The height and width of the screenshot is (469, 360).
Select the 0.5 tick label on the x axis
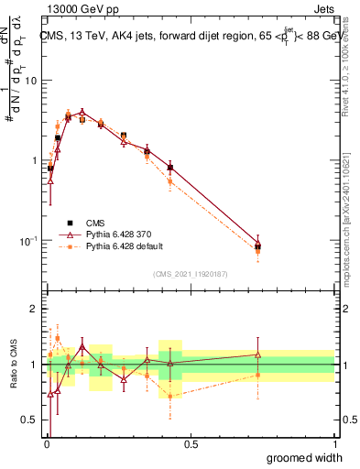pyautogui.click(x=191, y=443)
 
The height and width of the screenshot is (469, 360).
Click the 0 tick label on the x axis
pyautogui.click(x=47, y=443)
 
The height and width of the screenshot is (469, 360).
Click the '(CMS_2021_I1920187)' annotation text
pyautogui.click(x=191, y=273)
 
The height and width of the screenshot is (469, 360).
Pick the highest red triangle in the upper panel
pyautogui.click(x=82, y=113)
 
